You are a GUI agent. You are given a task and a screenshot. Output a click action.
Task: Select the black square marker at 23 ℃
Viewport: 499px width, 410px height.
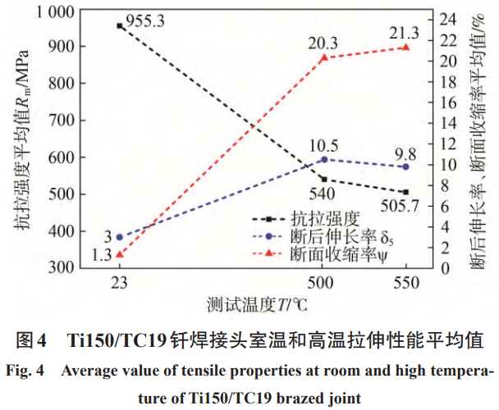120,26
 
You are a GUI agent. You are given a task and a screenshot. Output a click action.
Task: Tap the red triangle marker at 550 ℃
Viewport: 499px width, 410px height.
405,48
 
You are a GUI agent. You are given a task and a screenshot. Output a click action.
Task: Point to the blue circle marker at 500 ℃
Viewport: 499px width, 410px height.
323,159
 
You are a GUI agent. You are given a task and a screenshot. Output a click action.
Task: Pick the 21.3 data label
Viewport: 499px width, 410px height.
405,31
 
